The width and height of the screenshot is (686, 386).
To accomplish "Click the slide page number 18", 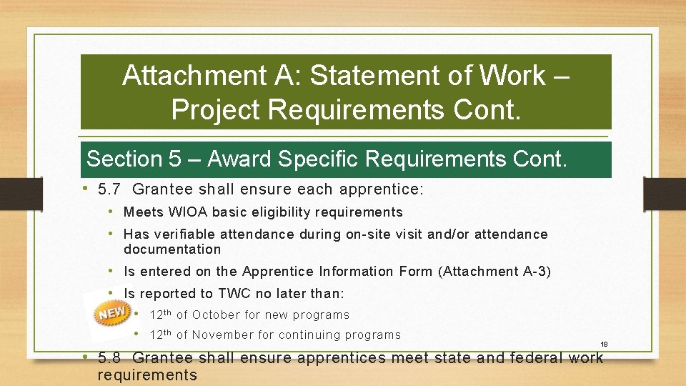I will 604,345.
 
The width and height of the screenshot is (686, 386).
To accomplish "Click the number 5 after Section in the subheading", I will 175,159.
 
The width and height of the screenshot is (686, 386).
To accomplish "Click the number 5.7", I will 111,189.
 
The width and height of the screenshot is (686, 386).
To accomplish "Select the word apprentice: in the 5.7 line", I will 383,189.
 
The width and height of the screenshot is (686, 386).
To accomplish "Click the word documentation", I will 172,249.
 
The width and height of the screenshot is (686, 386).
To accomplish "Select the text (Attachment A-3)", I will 495,272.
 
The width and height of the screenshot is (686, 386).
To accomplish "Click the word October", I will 217,315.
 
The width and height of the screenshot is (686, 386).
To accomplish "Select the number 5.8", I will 109,358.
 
